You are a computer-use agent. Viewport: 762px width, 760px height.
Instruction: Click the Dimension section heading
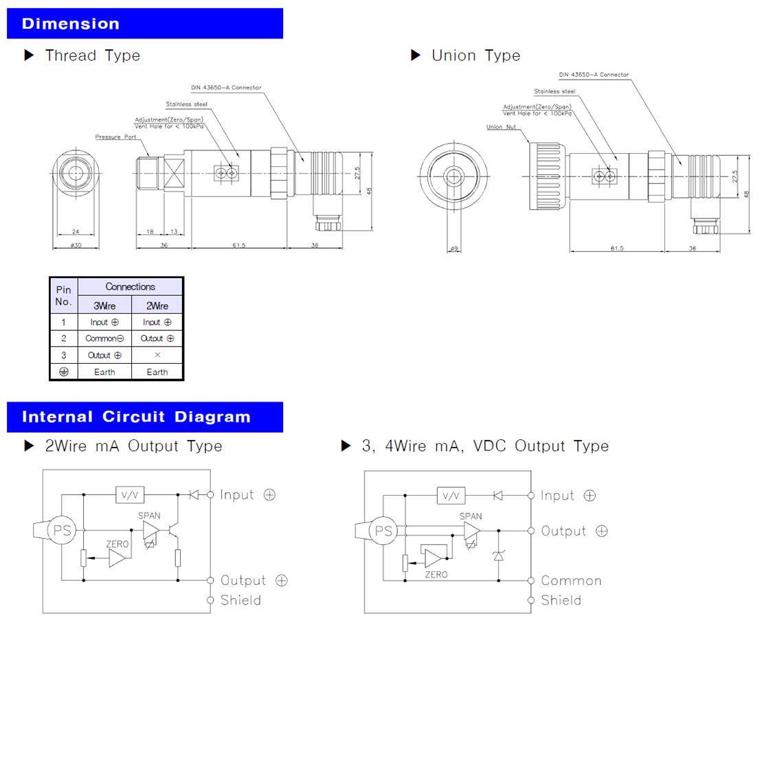pos(71,24)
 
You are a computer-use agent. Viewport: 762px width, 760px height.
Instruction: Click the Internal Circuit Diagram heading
pos(136,417)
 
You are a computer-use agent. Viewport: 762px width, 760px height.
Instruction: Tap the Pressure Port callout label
pos(116,137)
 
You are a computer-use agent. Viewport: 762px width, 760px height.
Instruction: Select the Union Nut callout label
pos(501,127)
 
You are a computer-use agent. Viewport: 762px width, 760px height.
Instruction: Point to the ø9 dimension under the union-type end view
pos(453,249)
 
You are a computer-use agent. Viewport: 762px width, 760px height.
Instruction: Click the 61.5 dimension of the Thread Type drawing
pos(238,246)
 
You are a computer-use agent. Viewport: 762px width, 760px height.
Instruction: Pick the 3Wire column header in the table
pos(104,306)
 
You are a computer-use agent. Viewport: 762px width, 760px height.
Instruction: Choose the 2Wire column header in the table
pos(157,306)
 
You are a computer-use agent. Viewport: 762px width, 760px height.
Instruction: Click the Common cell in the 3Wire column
pos(104,338)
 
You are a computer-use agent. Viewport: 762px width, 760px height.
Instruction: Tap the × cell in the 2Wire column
pos(157,355)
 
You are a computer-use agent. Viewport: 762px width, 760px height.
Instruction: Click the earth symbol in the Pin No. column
pos(63,371)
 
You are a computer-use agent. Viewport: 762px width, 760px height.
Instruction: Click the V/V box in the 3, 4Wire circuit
pos(451,496)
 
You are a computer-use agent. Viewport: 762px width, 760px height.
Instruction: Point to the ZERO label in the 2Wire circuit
pos(117,544)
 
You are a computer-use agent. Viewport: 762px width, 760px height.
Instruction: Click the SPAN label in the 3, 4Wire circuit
pos(471,516)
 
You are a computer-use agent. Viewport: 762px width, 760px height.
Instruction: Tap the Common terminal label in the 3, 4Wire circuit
pos(571,581)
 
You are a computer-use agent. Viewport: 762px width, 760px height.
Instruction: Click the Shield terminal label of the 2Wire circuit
pos(240,601)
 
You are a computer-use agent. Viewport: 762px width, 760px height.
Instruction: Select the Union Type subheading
pos(475,56)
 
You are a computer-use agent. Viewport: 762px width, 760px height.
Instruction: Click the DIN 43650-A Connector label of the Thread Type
pos(226,88)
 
